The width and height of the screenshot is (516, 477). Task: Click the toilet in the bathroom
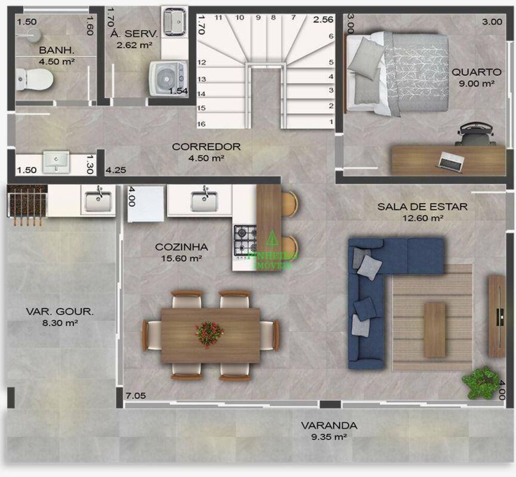pos(36,80)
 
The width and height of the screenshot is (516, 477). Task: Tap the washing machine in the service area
pos(168,79)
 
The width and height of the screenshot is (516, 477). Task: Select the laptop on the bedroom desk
pos(450,161)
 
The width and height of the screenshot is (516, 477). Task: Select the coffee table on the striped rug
pos(434,330)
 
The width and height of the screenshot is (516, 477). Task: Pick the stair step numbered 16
pos(202,124)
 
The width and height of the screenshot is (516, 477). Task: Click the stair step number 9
pos(258,18)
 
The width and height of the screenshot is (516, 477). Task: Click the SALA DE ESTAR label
pos(423,207)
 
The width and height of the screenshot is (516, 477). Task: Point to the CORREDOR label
pos(206,146)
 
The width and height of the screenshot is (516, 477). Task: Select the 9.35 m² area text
pos(329,437)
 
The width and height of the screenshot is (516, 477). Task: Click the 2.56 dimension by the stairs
pos(324,20)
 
